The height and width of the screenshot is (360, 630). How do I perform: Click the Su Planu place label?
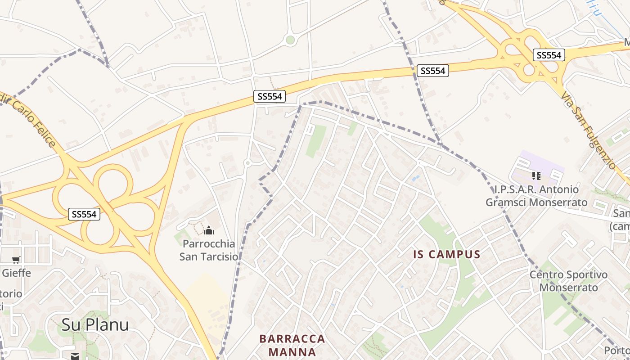(x=95, y=324)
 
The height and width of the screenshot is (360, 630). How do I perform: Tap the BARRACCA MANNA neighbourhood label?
(x=292, y=345)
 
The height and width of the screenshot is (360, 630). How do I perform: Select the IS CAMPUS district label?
(x=446, y=254)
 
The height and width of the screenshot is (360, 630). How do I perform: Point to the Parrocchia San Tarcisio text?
(x=208, y=250)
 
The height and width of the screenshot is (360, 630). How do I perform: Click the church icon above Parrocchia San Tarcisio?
(x=208, y=231)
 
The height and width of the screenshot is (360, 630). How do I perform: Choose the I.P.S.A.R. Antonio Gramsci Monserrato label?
(x=536, y=196)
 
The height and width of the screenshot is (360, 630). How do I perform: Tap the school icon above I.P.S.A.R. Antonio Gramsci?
(x=536, y=175)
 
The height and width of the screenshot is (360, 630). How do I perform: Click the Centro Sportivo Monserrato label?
(x=568, y=281)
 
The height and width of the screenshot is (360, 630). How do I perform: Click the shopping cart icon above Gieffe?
(x=16, y=259)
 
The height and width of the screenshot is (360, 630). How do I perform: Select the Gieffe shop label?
(x=16, y=273)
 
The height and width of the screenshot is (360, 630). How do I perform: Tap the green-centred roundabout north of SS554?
(x=290, y=40)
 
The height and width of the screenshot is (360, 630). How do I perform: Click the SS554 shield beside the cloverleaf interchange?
(x=84, y=214)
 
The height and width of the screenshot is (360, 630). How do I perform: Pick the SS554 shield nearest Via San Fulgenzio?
(x=549, y=55)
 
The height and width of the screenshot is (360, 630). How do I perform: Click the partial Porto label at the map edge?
(x=616, y=350)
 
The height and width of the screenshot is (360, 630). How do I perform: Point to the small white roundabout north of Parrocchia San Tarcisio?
(x=247, y=163)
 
